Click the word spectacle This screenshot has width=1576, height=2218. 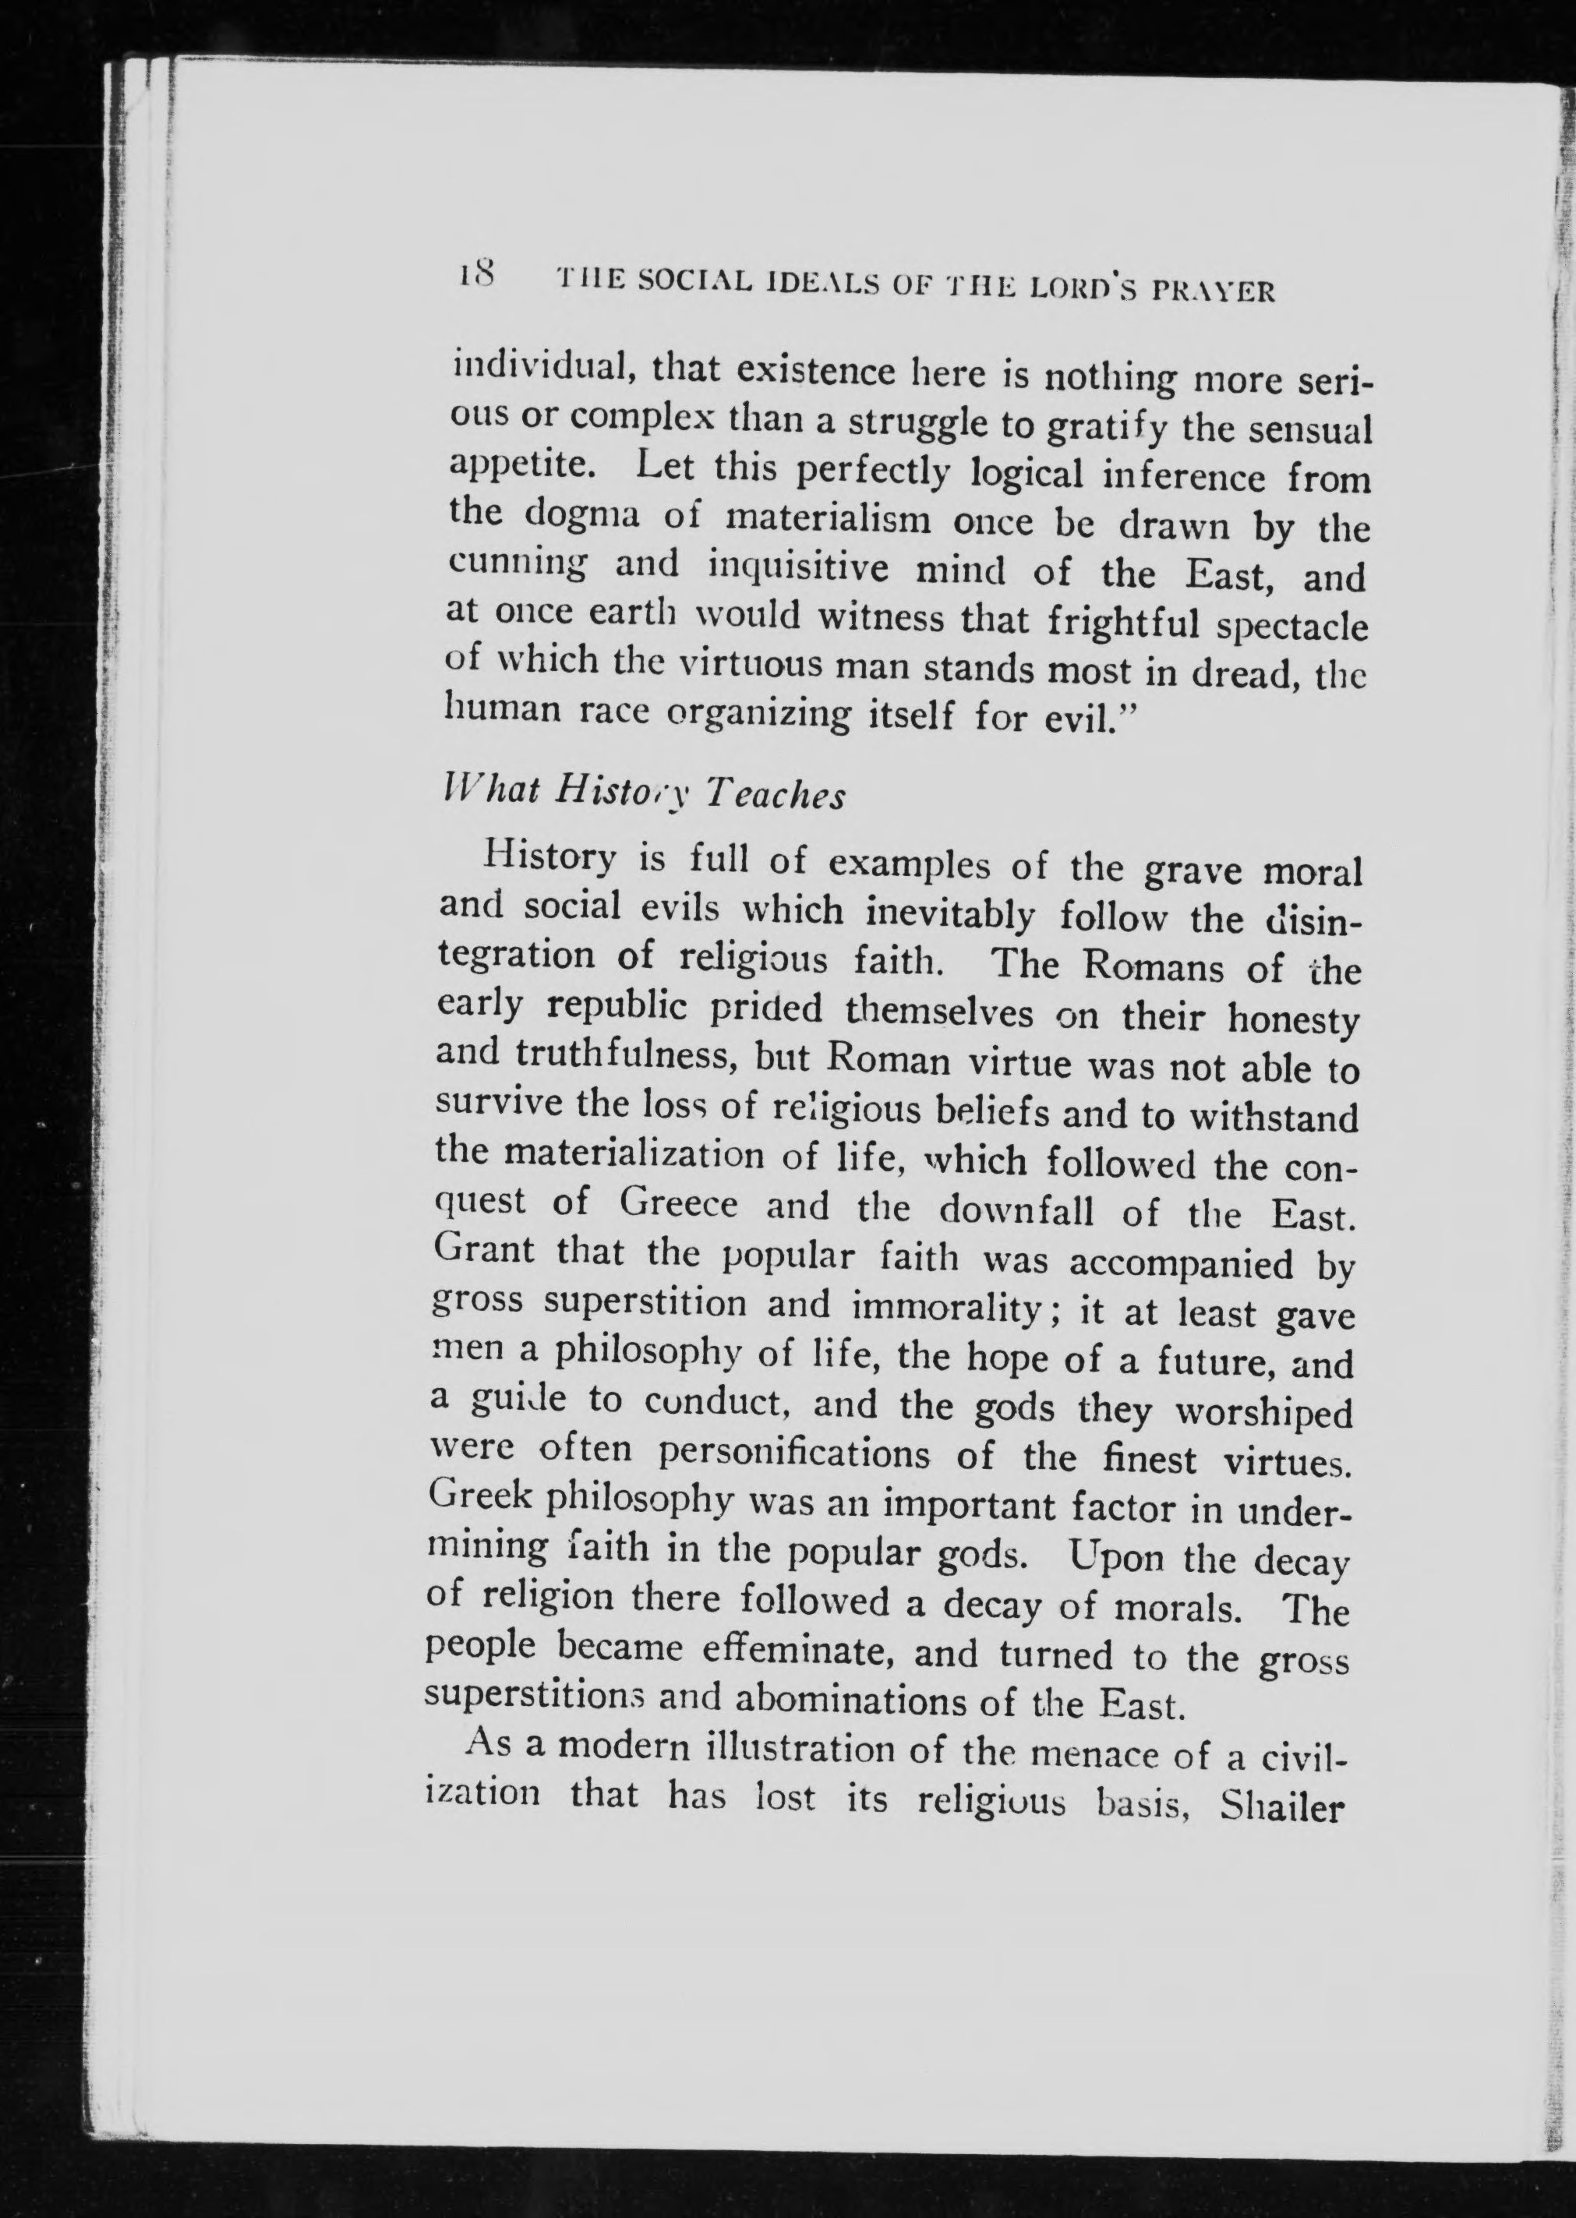click(x=1295, y=626)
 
